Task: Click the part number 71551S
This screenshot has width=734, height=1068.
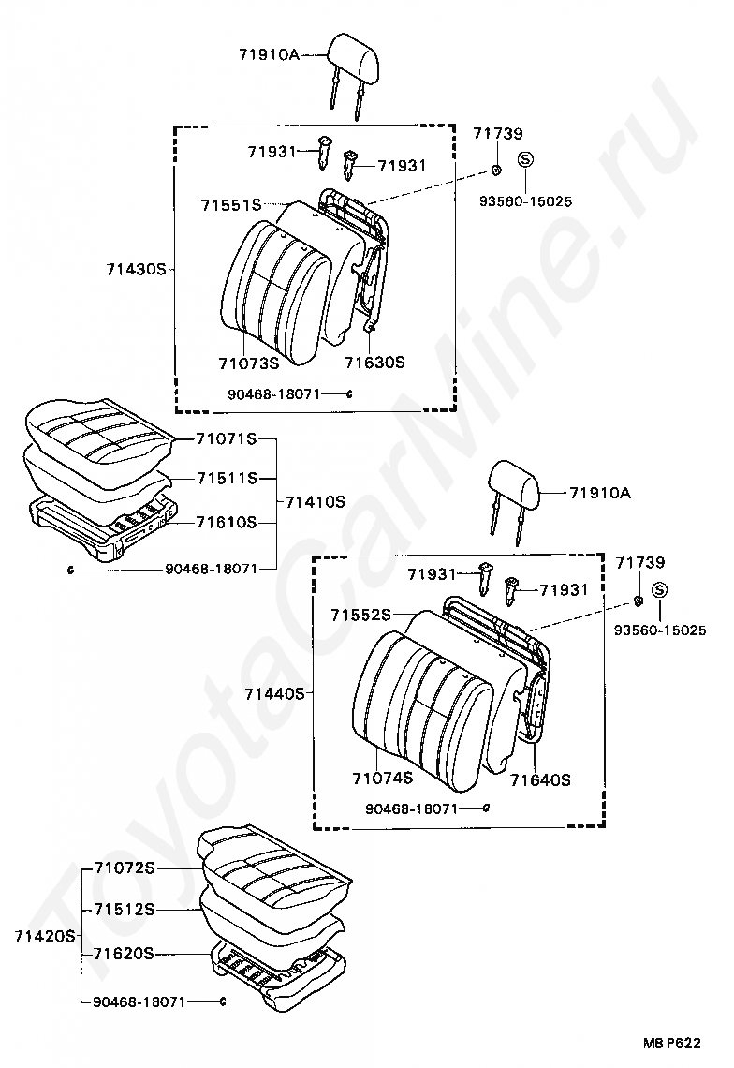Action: point(229,204)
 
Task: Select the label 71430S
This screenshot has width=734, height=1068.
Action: point(136,269)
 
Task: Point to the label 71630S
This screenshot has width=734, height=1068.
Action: point(374,362)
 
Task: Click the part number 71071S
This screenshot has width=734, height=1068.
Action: point(226,438)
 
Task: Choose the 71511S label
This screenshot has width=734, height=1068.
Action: point(226,478)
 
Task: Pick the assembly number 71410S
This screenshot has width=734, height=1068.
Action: point(315,502)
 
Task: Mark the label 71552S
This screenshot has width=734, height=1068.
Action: point(359,615)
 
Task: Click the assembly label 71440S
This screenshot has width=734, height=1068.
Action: point(274,694)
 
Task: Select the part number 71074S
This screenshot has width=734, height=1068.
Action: point(382,779)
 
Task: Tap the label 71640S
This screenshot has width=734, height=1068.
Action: point(540,779)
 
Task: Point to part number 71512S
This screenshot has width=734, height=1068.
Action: point(124,909)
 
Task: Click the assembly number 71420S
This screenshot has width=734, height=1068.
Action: point(44,935)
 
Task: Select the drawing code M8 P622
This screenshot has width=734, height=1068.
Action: point(671,1042)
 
